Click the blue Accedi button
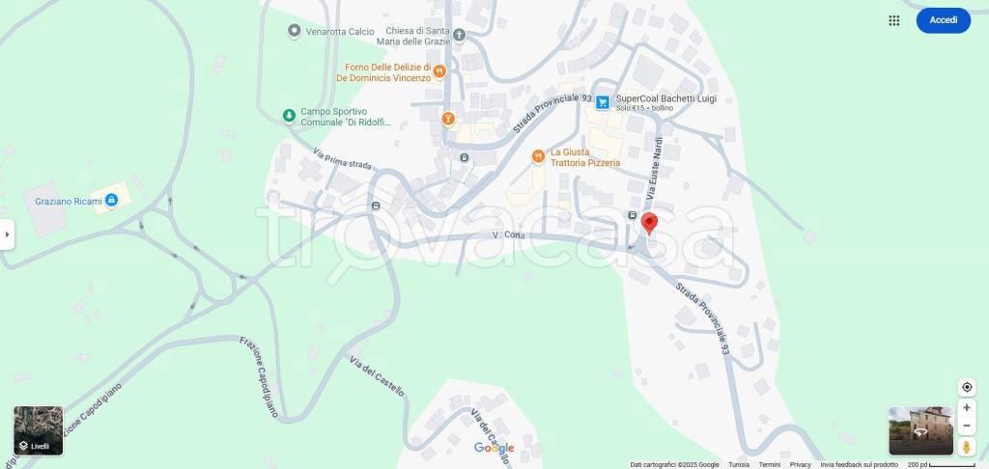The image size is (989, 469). pyautogui.click(x=943, y=20)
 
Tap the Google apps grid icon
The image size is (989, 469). pyautogui.click(x=894, y=20)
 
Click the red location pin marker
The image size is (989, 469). pyautogui.click(x=650, y=223)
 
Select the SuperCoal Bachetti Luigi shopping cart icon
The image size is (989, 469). pyautogui.click(x=603, y=101)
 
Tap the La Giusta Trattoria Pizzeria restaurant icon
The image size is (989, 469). pyautogui.click(x=538, y=156)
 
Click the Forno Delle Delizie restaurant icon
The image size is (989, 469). pyautogui.click(x=439, y=70)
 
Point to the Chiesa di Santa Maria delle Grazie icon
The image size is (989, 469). pyautogui.click(x=459, y=36)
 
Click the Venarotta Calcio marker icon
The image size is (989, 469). pyautogui.click(x=295, y=32)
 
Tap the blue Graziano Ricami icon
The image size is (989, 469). pyautogui.click(x=112, y=200)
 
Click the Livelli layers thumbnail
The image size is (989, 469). pyautogui.click(x=39, y=430)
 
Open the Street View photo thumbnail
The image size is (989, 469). pyautogui.click(x=920, y=430)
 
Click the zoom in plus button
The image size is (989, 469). pyautogui.click(x=967, y=408)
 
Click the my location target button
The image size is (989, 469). pyautogui.click(x=967, y=387)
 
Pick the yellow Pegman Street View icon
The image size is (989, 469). pyautogui.click(x=967, y=447)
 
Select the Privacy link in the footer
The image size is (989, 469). pyautogui.click(x=801, y=464)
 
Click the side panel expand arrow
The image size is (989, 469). pyautogui.click(x=7, y=234)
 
